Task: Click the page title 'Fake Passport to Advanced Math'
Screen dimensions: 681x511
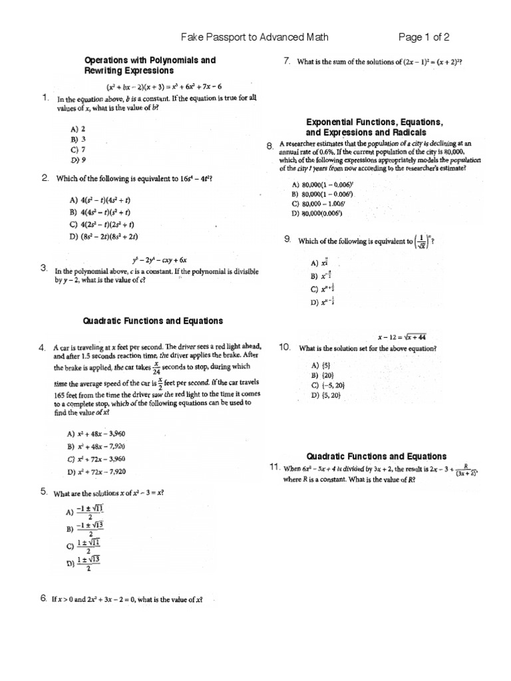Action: click(255, 37)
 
